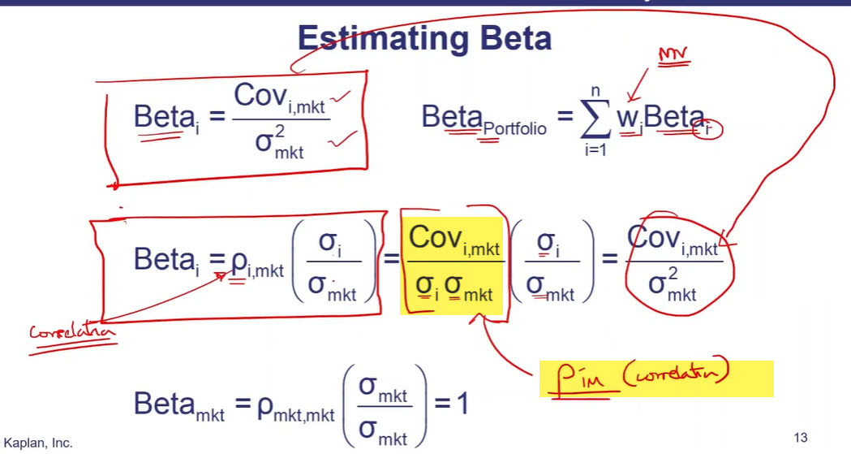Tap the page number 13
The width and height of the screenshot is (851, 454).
coord(801,438)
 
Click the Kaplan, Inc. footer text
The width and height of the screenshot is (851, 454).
coord(38,443)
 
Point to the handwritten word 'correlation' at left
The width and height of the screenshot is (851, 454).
coord(72,334)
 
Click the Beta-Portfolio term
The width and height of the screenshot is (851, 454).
coord(484,120)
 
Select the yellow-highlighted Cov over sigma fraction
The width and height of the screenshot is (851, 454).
coord(451,262)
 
